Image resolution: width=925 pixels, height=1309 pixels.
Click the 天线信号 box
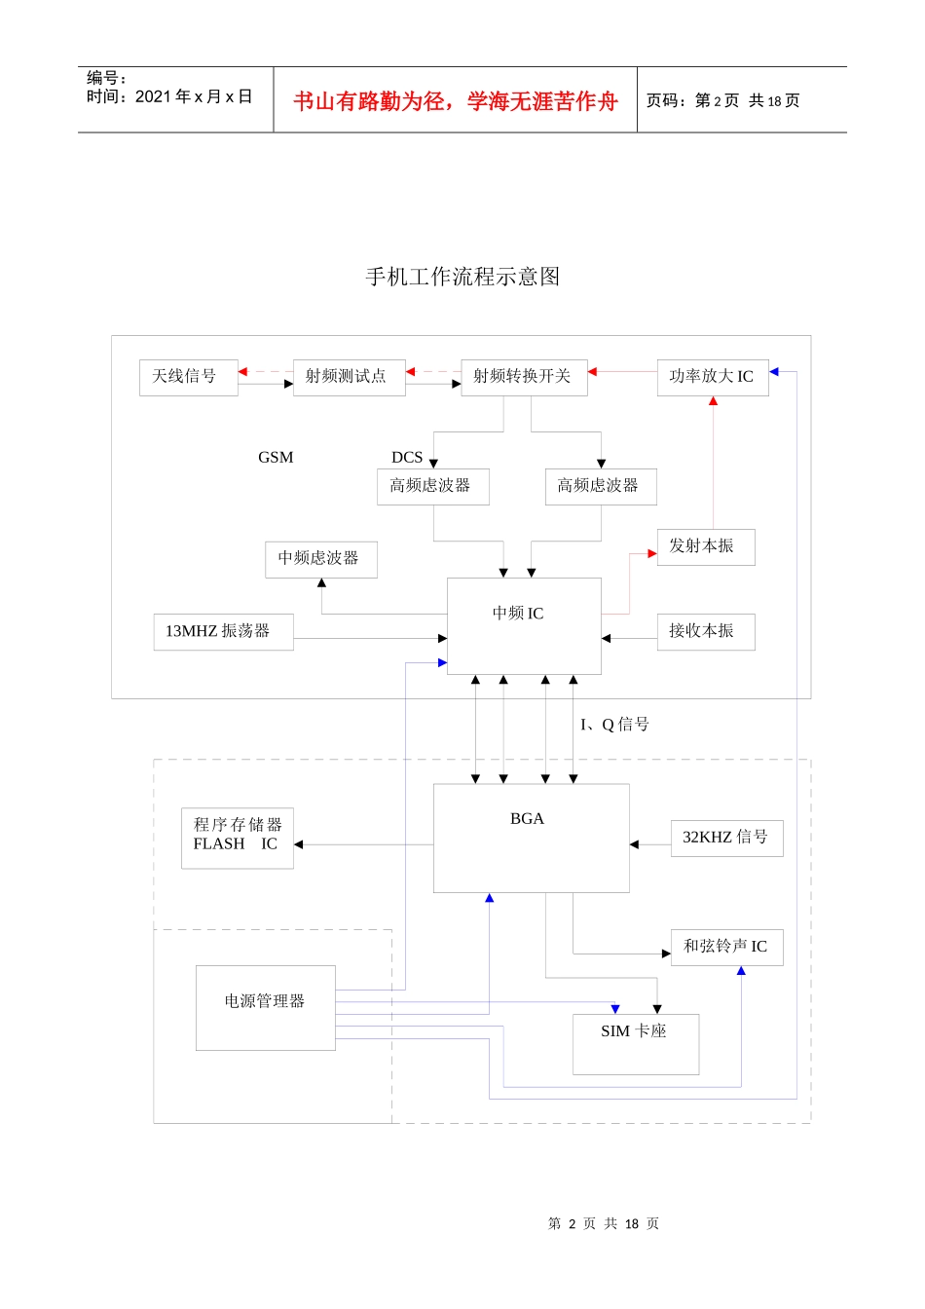(188, 377)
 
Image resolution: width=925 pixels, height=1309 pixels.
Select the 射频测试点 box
(349, 377)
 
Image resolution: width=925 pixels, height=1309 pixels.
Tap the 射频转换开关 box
(524, 377)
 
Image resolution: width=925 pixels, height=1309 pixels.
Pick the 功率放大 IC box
(713, 377)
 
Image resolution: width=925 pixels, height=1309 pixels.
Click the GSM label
(276, 458)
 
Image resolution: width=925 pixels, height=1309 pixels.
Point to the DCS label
(407, 458)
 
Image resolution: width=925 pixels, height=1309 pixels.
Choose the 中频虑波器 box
(320, 559)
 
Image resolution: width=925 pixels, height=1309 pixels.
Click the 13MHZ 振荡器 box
(223, 632)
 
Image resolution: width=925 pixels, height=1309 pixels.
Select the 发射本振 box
(705, 546)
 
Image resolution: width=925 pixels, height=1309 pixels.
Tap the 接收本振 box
(705, 632)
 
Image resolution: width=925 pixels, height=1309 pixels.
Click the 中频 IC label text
(518, 614)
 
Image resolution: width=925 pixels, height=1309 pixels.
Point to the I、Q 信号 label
(614, 725)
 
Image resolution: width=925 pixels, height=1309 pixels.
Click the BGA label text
(527, 819)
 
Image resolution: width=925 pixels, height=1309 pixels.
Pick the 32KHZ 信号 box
(726, 838)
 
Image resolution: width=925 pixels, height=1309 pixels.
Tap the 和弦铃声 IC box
(726, 947)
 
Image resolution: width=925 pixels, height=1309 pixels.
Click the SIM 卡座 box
(635, 1043)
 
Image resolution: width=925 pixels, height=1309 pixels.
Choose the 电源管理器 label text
(265, 1001)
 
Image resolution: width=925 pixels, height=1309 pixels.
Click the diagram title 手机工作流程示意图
(462, 278)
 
